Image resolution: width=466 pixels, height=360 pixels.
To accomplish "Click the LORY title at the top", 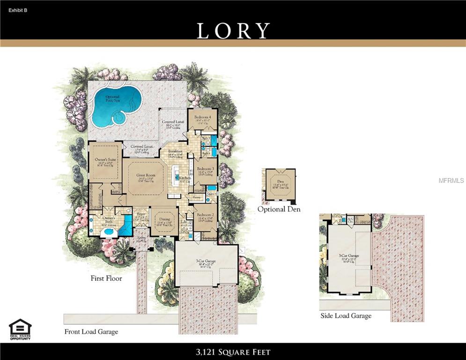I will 233,30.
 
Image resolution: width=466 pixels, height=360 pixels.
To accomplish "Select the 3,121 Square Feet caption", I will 233,352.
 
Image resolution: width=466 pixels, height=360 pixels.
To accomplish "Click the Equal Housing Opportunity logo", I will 20,330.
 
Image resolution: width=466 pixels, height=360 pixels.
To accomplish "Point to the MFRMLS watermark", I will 452,180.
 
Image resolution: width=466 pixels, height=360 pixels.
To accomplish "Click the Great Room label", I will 146,175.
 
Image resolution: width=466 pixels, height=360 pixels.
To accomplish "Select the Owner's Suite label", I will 104,160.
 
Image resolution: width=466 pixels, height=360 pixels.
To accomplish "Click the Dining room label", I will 164,219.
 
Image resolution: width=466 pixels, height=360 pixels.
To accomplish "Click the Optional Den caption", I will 279,209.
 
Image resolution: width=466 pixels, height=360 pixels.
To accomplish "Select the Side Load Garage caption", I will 346,315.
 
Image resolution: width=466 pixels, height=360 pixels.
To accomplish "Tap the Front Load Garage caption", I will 91,331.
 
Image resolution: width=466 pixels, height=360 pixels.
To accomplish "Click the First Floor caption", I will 106,278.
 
